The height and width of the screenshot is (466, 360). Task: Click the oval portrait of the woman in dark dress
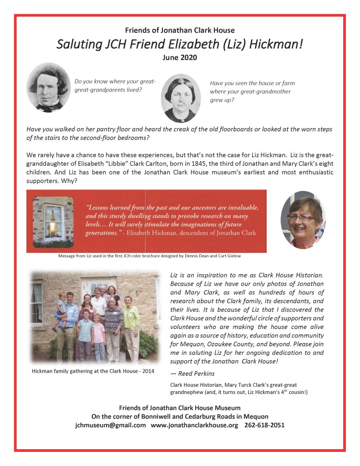pyautogui.click(x=181, y=98)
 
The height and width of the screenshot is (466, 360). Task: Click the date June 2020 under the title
pyautogui.click(x=180, y=58)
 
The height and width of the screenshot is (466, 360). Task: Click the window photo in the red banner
pyautogui.click(x=54, y=220)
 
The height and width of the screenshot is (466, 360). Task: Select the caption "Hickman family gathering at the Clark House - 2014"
pyautogui.click(x=93, y=371)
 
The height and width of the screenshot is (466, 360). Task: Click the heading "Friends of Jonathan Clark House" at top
pyautogui.click(x=180, y=31)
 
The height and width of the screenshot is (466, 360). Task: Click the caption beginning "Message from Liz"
pyautogui.click(x=149, y=256)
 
